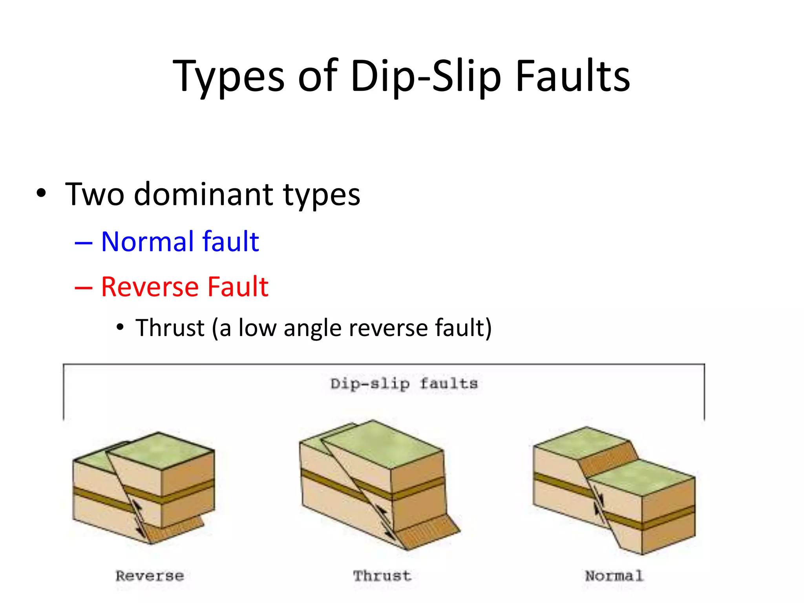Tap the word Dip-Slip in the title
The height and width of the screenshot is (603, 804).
(x=426, y=77)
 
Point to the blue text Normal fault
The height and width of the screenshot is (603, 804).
(x=180, y=241)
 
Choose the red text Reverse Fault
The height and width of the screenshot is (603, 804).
(x=185, y=287)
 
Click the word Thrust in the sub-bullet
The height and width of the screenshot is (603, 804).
(x=170, y=328)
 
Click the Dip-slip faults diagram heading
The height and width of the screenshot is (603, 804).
(x=404, y=384)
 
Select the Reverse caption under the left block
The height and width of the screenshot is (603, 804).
(x=150, y=576)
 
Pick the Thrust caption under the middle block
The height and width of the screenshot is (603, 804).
(x=382, y=576)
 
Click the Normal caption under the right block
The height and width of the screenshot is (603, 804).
(x=614, y=576)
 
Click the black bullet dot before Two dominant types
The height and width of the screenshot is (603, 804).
(x=41, y=194)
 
